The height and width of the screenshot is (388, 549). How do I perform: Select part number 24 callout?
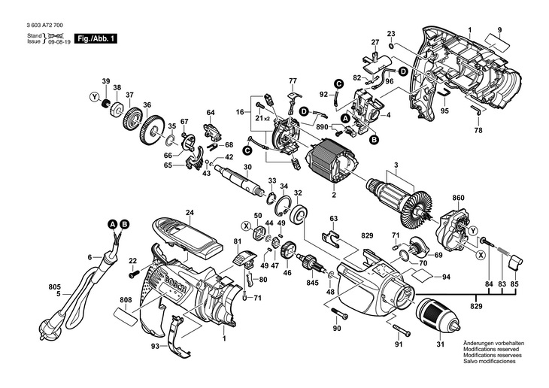(190, 213)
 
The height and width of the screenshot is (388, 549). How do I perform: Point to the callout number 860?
(458, 198)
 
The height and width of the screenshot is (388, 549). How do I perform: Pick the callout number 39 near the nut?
(106, 80)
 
